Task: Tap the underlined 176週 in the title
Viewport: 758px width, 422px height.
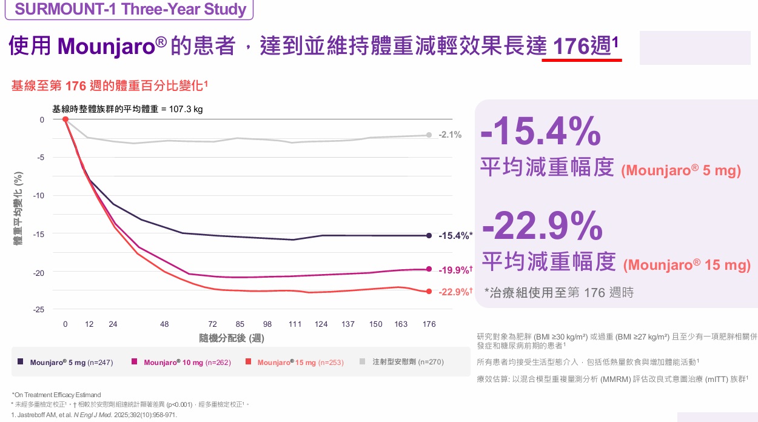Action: [582, 46]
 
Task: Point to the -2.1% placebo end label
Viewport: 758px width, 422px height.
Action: [450, 135]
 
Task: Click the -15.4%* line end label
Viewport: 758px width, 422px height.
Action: [455, 236]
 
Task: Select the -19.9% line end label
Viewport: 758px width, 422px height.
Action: [455, 270]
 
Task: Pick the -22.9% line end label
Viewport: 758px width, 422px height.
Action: [455, 292]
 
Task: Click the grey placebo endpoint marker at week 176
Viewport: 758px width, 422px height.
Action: [429, 135]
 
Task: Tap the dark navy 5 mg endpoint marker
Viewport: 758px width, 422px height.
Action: [429, 235]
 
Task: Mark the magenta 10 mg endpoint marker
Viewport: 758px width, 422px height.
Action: [429, 269]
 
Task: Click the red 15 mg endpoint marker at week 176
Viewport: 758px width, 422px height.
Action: [429, 292]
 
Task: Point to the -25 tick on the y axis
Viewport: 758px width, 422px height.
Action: [39, 310]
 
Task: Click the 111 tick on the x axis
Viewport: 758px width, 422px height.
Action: [295, 324]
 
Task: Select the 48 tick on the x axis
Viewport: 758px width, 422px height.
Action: [164, 324]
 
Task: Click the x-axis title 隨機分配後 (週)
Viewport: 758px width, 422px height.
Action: [232, 338]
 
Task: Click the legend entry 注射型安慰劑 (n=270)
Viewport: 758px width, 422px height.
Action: [408, 362]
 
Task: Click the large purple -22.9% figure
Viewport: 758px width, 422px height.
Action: [542, 226]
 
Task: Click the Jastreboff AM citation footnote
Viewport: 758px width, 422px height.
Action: [94, 415]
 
